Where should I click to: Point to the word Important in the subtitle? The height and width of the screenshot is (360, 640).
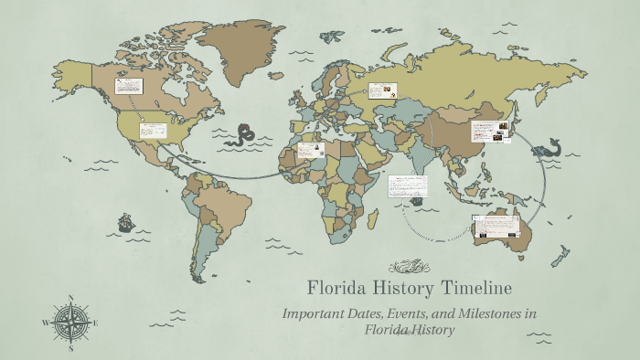[314, 313]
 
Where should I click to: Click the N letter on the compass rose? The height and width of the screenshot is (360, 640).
[70, 297]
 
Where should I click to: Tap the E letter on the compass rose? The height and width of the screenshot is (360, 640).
[96, 323]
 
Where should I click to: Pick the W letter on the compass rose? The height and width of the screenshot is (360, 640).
[45, 323]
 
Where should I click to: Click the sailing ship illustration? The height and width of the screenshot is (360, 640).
[125, 221]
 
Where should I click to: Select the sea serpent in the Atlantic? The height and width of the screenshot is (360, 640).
[244, 135]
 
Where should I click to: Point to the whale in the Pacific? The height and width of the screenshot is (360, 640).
[551, 146]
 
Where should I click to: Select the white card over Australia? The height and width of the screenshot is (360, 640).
[496, 226]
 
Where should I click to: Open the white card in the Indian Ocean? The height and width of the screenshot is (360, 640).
[408, 186]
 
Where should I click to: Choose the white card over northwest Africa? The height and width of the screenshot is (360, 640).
[311, 150]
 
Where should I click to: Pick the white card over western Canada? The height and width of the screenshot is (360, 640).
[128, 87]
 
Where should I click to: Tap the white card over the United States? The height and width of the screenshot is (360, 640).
[152, 130]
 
